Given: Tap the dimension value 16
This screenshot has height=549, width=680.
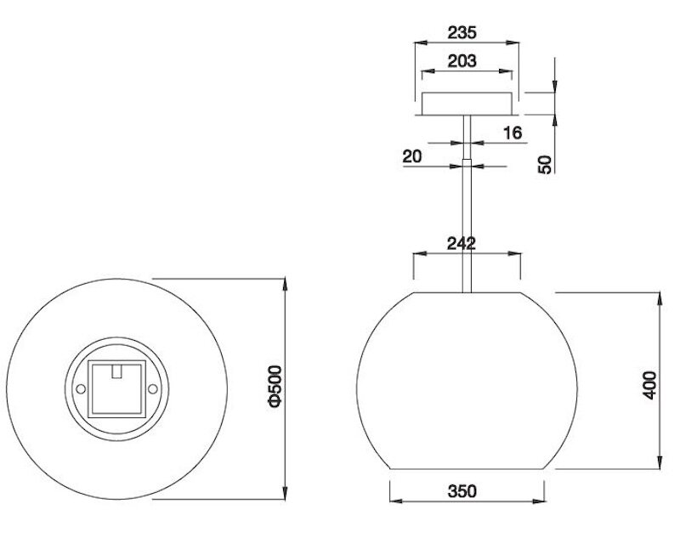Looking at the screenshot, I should click(512, 133).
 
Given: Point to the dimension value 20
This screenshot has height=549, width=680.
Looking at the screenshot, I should click(413, 156).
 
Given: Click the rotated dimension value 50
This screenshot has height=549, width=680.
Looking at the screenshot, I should click(546, 164).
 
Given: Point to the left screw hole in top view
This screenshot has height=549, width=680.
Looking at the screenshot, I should click(81, 388).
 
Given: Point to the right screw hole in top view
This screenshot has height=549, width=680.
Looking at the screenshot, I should click(154, 388).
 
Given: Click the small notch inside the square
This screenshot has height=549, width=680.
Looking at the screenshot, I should click(119, 371).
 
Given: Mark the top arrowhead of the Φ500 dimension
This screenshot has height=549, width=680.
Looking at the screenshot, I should click(284, 280).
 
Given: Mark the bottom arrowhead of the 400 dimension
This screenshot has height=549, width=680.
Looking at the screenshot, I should click(660, 467).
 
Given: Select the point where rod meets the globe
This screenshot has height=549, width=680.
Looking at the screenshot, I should click(467, 292).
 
